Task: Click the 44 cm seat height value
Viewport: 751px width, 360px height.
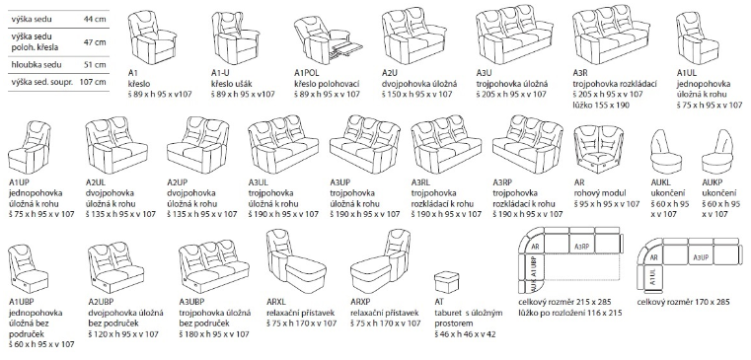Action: [x=95, y=19]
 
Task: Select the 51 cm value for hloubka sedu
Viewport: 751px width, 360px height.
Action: [x=96, y=64]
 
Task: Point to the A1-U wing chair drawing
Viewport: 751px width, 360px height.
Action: [x=235, y=37]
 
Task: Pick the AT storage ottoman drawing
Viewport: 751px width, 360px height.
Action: [x=447, y=283]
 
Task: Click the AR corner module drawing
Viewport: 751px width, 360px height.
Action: [x=598, y=149]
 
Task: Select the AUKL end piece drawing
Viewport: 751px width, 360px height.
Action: [x=667, y=152]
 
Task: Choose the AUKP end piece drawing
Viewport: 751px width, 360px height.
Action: [x=718, y=152]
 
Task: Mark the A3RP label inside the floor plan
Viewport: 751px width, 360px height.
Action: [x=581, y=247]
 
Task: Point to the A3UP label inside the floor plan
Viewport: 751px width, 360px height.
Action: [x=701, y=257]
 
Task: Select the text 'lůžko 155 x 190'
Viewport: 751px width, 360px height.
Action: [x=601, y=105]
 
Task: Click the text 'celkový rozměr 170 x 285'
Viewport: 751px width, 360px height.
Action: [x=684, y=302]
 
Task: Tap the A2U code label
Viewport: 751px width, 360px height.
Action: [x=390, y=73]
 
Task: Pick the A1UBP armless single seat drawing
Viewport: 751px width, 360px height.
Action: [x=29, y=269]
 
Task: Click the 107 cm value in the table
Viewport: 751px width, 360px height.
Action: [x=93, y=82]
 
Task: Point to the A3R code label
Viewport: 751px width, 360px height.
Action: [x=580, y=73]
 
